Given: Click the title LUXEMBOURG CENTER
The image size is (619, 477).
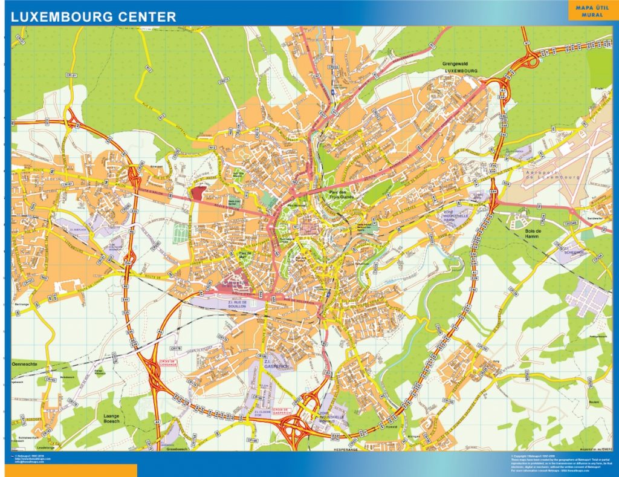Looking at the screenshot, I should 94,17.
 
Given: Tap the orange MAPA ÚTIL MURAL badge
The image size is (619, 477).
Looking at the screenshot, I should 592,11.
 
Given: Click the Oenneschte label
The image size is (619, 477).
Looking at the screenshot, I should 25,365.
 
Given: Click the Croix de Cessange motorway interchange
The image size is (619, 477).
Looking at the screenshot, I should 154,369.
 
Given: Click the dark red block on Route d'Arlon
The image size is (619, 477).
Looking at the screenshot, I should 198,193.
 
